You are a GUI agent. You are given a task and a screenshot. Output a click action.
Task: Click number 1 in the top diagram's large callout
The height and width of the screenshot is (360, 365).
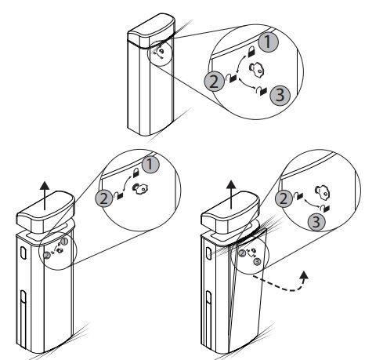tap(269, 42)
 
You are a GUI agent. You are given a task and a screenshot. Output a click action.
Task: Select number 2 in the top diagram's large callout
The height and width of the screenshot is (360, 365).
tap(214, 82)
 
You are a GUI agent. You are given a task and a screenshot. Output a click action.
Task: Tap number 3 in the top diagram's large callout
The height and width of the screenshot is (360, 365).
tap(280, 95)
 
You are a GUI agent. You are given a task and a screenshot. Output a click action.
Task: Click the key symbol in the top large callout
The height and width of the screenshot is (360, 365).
tap(257, 69)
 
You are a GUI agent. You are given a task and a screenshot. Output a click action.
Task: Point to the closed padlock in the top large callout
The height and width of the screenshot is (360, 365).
tap(251, 52)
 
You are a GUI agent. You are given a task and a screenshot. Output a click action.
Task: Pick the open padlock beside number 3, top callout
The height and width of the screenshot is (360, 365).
tap(262, 91)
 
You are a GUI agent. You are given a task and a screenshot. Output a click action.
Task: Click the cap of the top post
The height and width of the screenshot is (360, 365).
tap(151, 31)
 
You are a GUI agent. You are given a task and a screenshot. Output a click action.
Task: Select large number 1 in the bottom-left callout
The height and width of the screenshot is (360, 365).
tap(150, 165)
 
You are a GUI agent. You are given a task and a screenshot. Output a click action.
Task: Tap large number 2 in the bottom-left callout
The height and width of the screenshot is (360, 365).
tap(104, 199)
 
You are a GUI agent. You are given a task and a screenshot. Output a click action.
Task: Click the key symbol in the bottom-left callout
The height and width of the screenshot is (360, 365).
tap(140, 189)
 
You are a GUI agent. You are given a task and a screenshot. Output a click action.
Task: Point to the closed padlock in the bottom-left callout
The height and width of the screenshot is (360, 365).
tap(136, 173)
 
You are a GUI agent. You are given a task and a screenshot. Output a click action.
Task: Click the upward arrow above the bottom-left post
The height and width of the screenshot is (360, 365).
tap(45, 196)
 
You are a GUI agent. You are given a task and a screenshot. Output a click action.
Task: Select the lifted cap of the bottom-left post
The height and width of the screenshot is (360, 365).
tap(45, 212)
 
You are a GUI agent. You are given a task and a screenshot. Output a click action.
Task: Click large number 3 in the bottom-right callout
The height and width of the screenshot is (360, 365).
tap(316, 222)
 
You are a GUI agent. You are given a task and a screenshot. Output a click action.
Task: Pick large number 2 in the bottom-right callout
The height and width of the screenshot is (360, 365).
tap(284, 199)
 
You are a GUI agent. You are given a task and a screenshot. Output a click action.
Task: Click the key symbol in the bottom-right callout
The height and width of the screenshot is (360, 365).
tap(323, 192)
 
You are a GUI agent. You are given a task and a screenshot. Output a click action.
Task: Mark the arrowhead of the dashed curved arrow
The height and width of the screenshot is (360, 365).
tap(304, 276)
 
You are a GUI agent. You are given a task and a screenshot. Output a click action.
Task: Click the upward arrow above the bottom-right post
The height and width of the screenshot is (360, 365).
tap(231, 195)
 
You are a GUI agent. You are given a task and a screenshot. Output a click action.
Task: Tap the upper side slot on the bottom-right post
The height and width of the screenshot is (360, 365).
tap(208, 253)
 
